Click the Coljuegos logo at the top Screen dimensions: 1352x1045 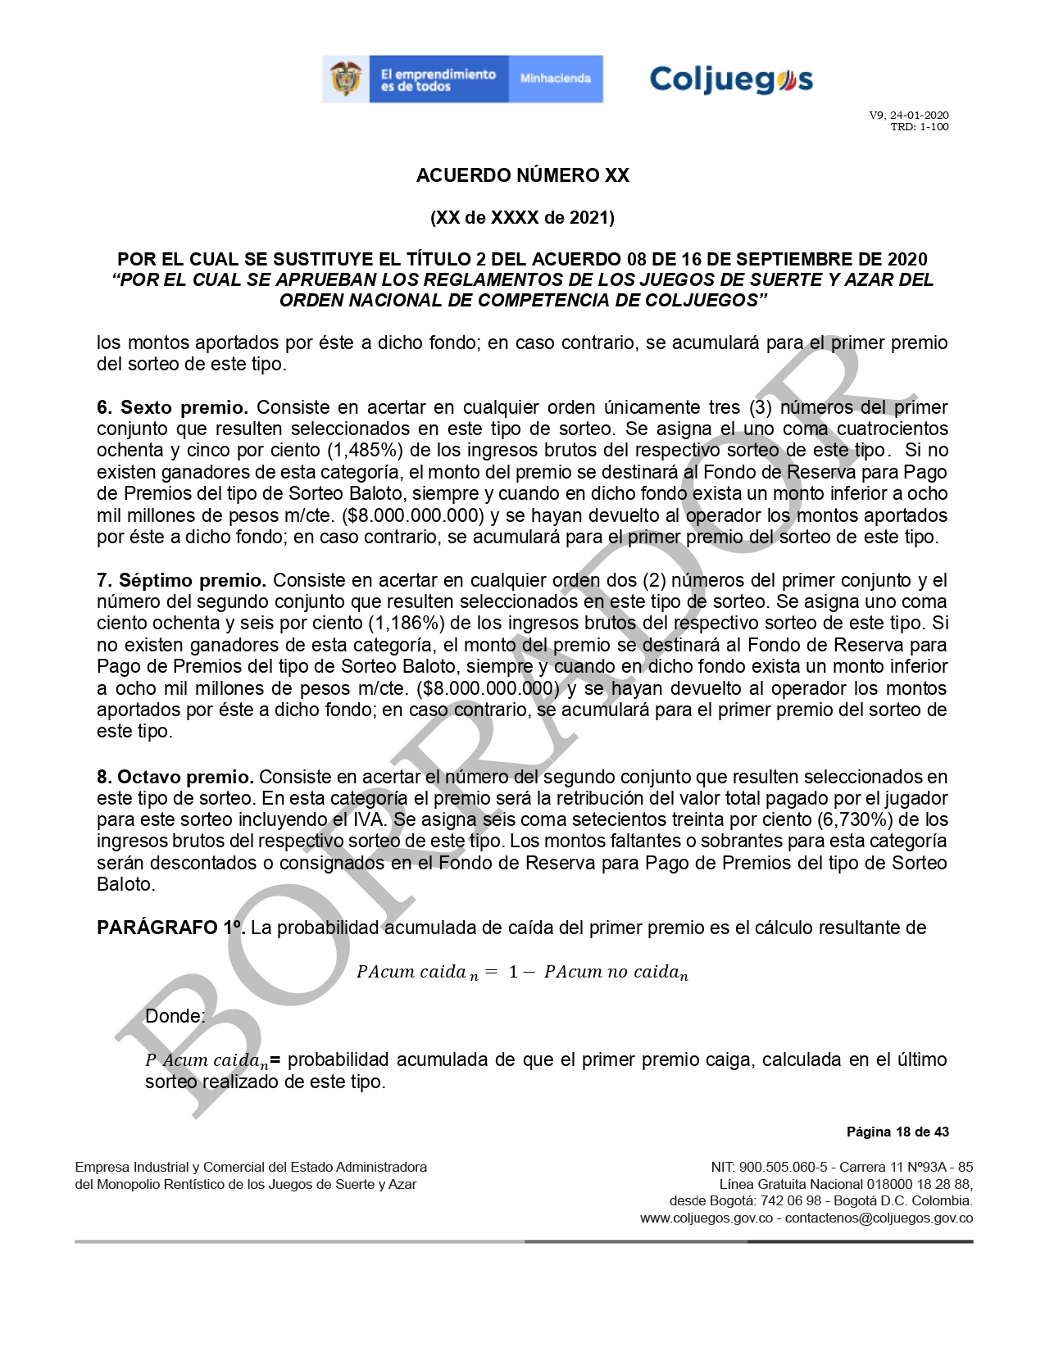730,79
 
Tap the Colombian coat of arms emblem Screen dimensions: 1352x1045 346,79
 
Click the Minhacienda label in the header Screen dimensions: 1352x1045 555,79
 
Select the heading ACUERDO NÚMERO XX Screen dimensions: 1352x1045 522,175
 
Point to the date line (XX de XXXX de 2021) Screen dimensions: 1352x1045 522,218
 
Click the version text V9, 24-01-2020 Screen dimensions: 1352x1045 909,116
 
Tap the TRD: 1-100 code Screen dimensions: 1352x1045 920,127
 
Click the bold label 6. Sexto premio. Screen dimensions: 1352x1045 172,407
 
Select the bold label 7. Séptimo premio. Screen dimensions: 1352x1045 181,581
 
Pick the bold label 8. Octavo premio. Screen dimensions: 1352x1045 175,777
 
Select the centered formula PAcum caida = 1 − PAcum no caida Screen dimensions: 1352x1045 522,973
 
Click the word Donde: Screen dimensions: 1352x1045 175,1016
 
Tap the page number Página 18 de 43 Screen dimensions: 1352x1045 897,1132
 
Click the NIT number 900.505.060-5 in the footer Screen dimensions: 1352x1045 783,1167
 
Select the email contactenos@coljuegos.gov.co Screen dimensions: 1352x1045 879,1218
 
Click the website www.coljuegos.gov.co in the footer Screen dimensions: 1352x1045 707,1218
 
